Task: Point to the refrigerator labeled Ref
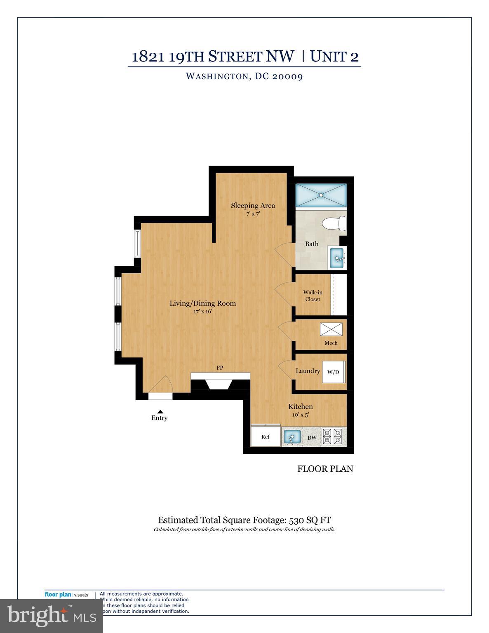pos(266,436)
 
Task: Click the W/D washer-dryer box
pos(333,372)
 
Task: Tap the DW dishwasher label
pos(312,438)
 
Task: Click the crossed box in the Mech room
pos(331,329)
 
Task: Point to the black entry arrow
pos(160,411)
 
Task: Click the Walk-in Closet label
pos(313,296)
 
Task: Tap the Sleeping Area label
pos(253,205)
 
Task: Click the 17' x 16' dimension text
pos(203,312)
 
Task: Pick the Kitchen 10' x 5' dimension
pos(300,415)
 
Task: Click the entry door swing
pos(161,385)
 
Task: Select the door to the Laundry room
pos(286,369)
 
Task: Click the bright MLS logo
pos(51,616)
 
